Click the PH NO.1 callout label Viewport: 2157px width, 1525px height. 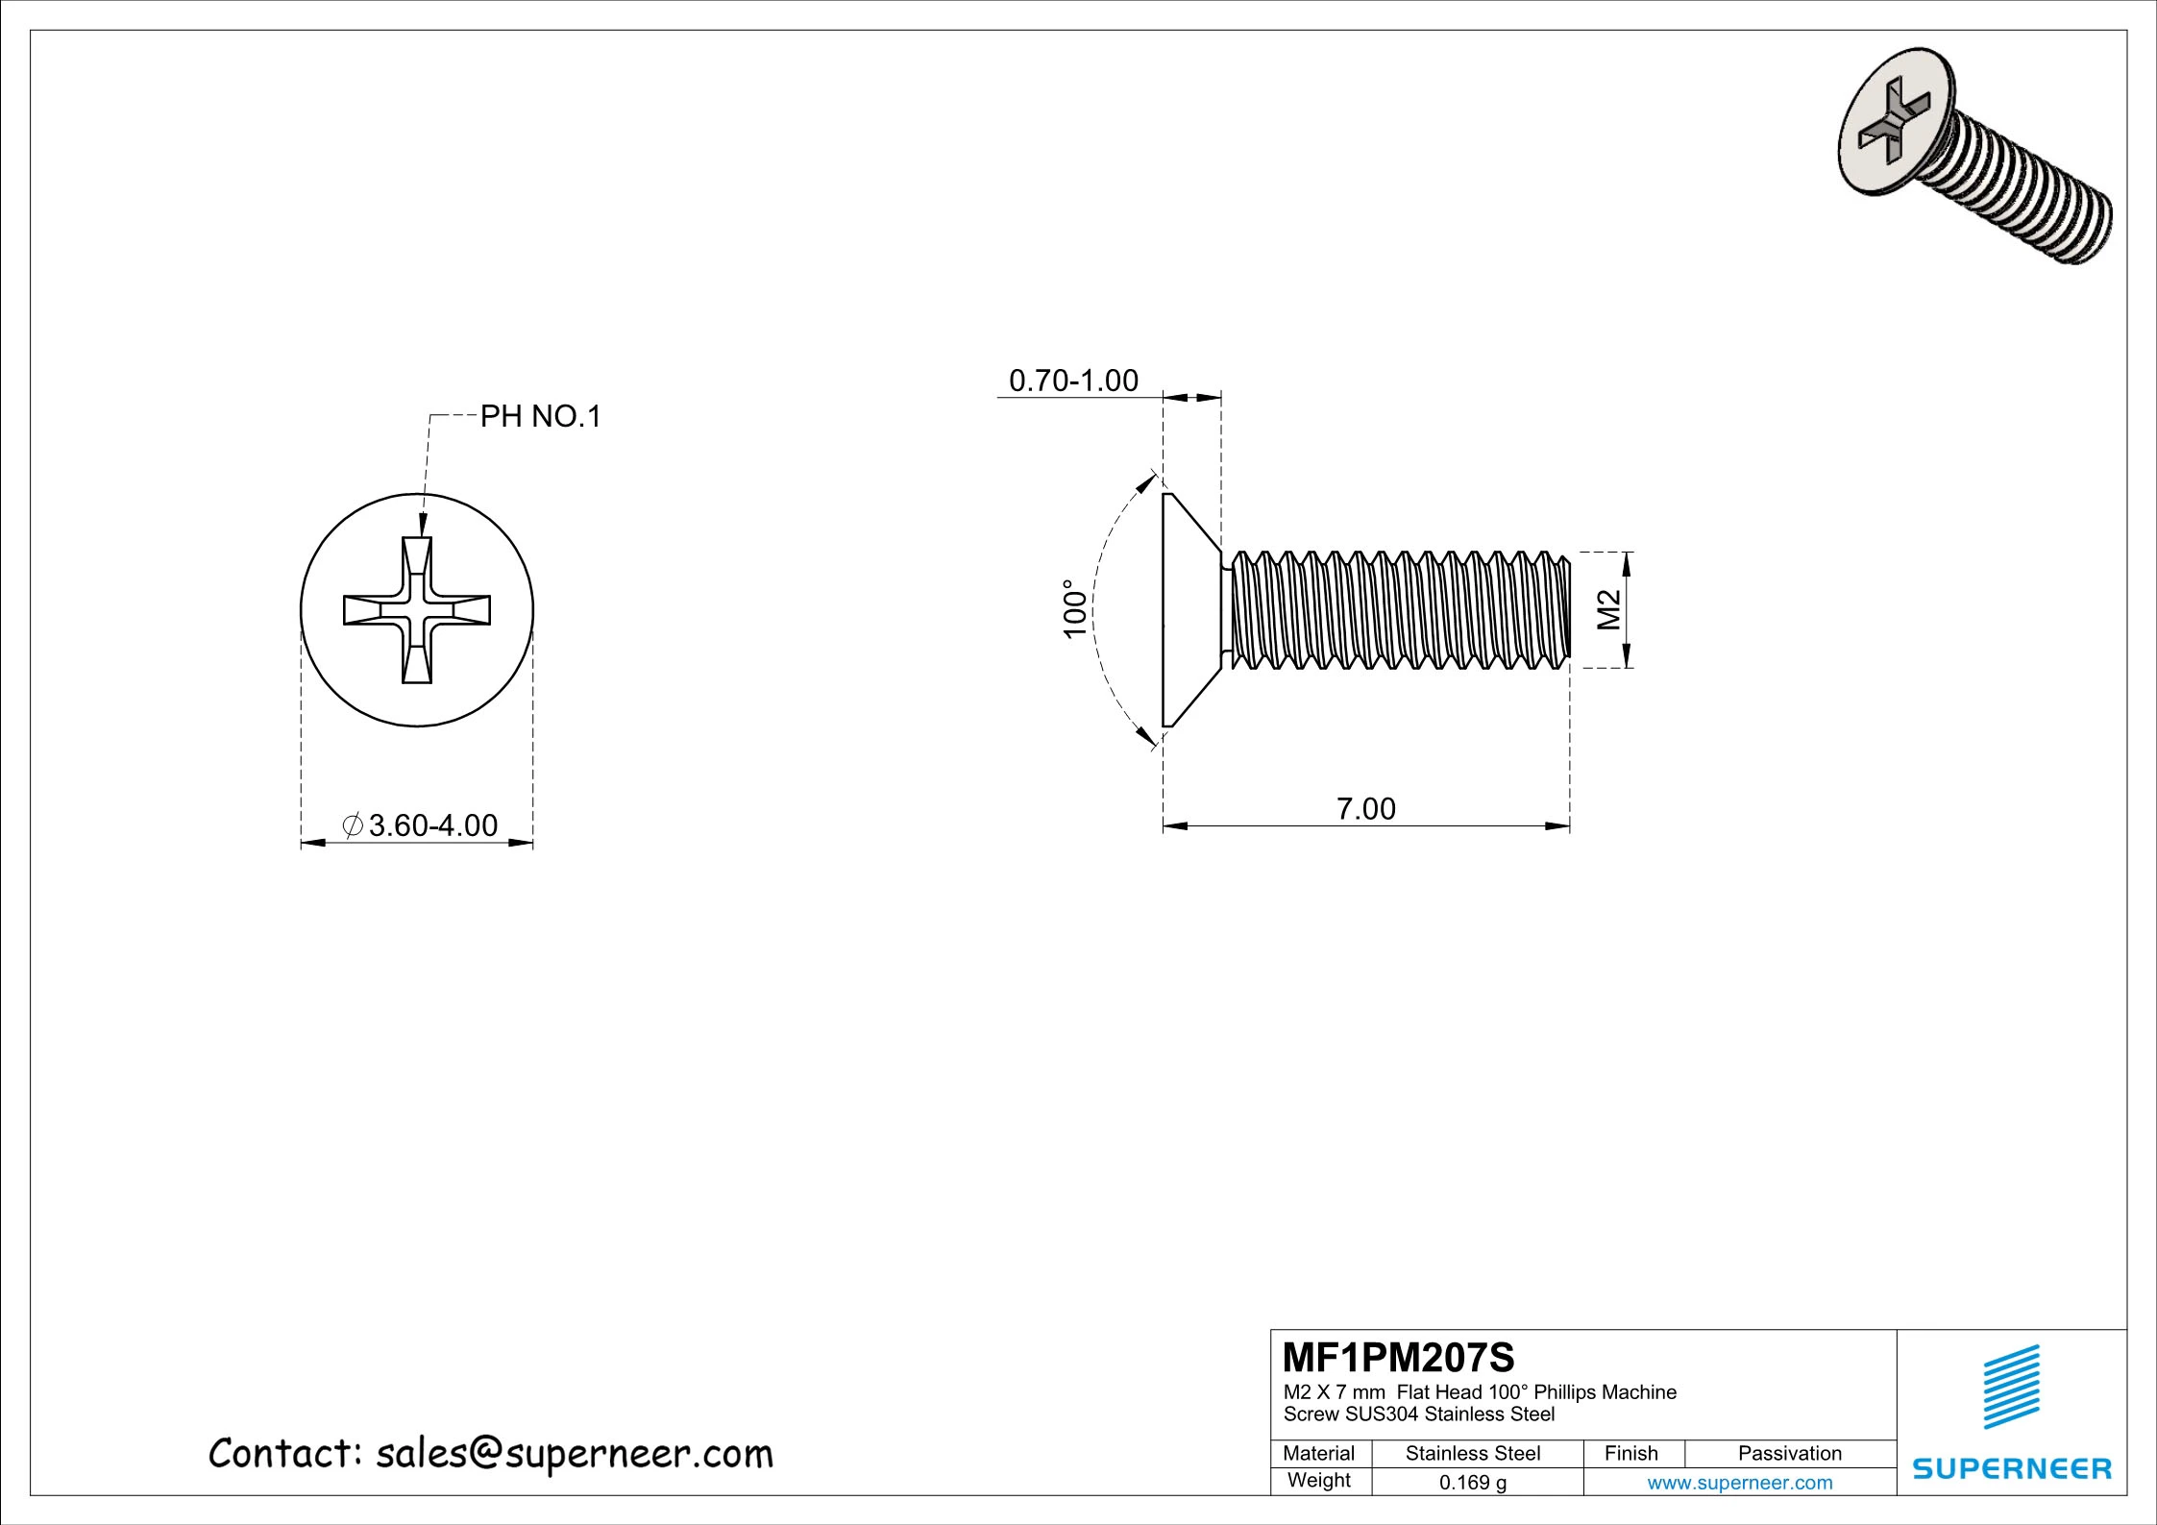coord(540,417)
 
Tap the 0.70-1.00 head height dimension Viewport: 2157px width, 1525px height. coord(1073,381)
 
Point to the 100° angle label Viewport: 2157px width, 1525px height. coord(1075,608)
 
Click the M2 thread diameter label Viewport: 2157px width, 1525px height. coord(1608,609)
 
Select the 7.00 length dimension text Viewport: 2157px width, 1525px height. coord(1365,809)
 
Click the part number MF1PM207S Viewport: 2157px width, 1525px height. coord(1398,1358)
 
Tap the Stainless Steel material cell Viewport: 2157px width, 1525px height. coord(1472,1454)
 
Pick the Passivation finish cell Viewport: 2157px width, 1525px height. coord(1789,1454)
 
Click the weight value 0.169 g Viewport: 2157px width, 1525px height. coord(1472,1483)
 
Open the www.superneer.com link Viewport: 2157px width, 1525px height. coord(1739,1483)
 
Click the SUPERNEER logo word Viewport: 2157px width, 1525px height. coord(2012,1468)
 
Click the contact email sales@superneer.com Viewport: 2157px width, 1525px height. coord(574,1454)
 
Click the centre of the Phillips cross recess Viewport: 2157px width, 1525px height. coord(417,611)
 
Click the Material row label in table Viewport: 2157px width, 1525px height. coord(1318,1454)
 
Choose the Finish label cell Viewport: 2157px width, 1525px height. coord(1630,1454)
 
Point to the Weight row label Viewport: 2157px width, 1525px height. coord(1318,1481)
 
